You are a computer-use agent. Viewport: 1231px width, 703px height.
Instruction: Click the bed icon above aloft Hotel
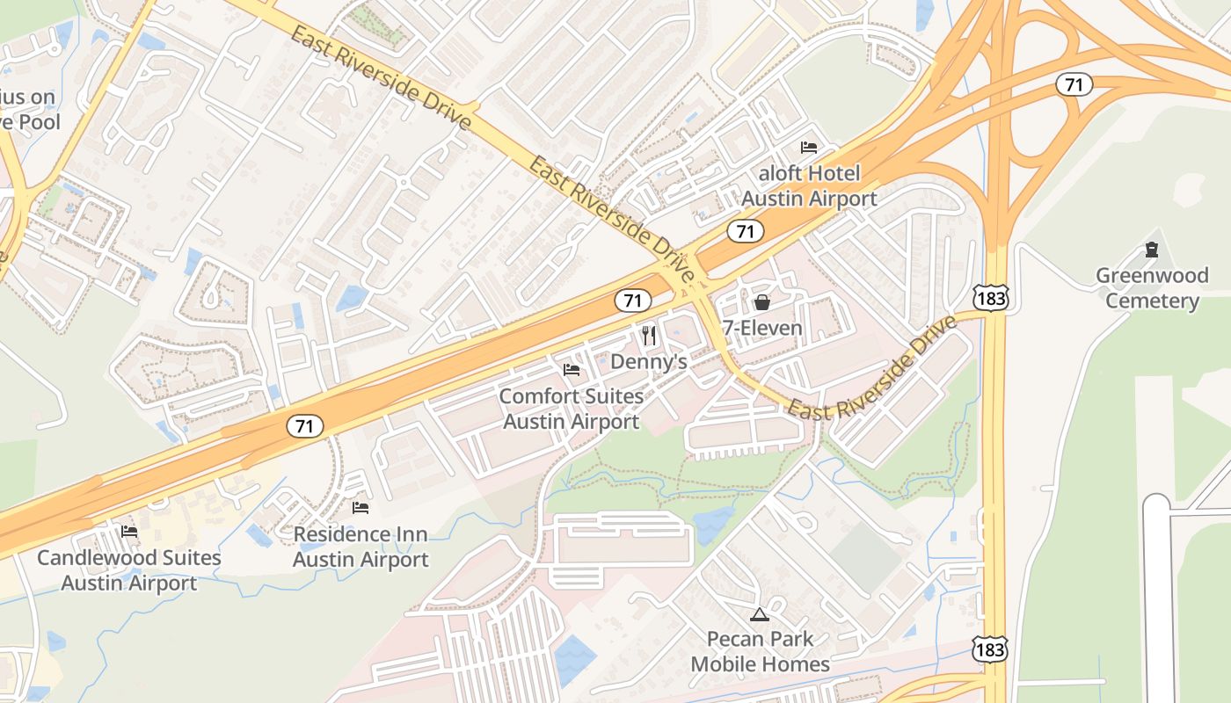point(809,147)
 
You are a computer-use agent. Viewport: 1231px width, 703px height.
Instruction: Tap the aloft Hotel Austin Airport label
point(808,186)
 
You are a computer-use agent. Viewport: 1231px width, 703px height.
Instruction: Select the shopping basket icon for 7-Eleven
point(761,302)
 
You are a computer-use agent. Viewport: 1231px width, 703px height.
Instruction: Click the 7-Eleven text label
point(761,329)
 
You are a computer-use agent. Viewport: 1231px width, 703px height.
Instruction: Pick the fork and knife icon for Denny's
point(649,335)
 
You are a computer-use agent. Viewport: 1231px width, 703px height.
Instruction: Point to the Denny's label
point(648,362)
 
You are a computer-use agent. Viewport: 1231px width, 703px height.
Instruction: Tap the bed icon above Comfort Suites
point(572,370)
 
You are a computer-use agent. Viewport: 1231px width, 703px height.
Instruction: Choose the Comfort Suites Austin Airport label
point(572,409)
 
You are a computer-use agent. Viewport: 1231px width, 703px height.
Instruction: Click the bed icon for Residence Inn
point(361,507)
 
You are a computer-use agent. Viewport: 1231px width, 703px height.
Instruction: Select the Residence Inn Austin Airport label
point(361,547)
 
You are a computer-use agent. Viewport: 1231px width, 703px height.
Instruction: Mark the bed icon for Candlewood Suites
point(129,531)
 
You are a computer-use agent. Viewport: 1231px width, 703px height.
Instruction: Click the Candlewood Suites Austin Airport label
point(129,570)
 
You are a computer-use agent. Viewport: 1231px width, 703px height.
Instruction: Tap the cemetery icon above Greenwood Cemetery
point(1152,250)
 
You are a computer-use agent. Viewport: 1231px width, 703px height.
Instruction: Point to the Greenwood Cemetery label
point(1152,288)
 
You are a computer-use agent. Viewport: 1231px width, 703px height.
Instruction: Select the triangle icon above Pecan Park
point(760,613)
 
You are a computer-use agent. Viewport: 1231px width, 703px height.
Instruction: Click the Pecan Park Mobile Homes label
point(760,651)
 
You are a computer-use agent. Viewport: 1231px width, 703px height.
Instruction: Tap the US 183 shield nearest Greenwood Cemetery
point(990,298)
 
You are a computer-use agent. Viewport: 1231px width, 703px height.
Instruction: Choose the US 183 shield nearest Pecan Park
point(990,649)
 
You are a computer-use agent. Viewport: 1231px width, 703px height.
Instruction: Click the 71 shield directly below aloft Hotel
point(745,231)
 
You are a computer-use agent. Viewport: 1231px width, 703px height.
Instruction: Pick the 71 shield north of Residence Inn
point(305,426)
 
